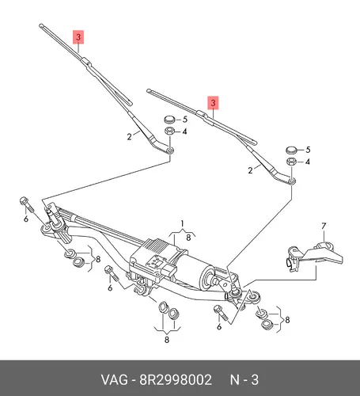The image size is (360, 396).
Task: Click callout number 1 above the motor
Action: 182,223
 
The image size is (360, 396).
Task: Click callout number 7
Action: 324,226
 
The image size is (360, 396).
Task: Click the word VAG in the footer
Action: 115,380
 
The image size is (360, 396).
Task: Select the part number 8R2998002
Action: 176,380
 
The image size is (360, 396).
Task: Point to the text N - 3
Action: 244,380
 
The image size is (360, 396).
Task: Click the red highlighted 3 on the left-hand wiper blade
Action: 78,37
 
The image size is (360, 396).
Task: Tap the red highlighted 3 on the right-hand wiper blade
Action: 213,103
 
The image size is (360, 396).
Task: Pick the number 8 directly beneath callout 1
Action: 188,238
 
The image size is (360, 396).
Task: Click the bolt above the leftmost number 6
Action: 27,204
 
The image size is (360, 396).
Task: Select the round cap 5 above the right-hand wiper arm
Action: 291,150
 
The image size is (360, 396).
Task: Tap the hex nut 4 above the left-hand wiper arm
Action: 169,131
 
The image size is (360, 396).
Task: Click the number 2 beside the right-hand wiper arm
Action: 250,170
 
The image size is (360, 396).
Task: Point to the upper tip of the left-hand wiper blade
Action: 41,25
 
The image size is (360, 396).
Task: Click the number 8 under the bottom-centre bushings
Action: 167,339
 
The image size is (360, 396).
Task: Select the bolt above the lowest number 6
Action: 221,313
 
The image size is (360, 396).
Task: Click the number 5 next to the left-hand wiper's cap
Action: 185,120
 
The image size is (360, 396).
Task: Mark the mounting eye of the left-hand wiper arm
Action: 170,150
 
